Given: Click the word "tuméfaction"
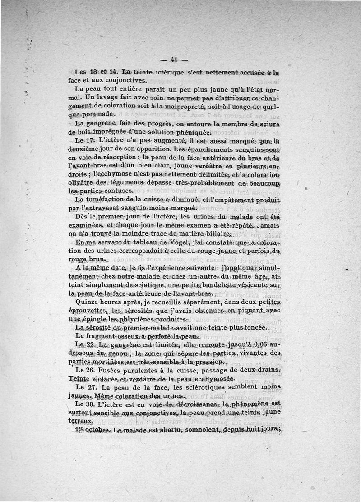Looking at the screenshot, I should [x=108, y=200].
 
